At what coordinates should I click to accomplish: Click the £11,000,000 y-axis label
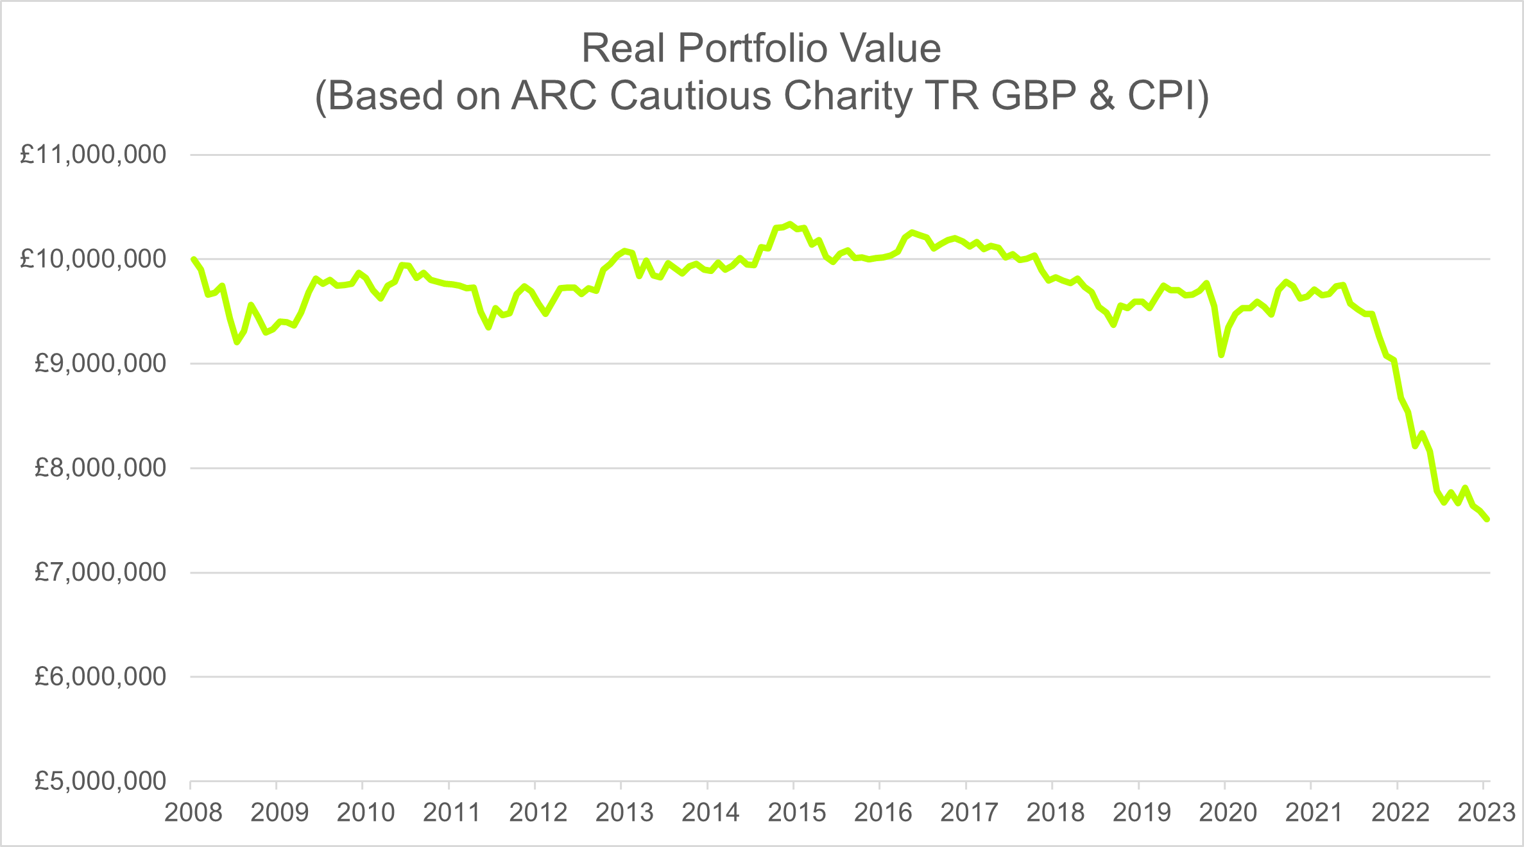tap(93, 155)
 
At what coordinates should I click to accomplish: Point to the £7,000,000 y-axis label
tap(100, 572)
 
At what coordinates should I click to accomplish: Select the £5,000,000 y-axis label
tap(100, 781)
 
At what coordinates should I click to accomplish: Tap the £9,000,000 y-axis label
tap(100, 363)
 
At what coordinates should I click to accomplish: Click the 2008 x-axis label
tap(193, 812)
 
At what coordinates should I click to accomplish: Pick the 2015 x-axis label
tap(797, 812)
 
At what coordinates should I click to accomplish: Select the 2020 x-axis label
tap(1228, 812)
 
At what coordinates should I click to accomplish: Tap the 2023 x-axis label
tap(1486, 812)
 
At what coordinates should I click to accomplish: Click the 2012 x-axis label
tap(538, 812)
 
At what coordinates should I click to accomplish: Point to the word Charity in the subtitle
tap(848, 96)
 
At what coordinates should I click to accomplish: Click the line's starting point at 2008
tap(193, 259)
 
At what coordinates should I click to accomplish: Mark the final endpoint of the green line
tap(1487, 519)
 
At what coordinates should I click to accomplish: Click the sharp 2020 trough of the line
tap(1221, 354)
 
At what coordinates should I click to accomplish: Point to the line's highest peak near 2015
tap(790, 224)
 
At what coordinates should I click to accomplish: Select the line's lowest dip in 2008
tap(237, 342)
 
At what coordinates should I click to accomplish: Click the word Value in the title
tap(891, 48)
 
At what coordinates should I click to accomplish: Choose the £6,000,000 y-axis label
tap(100, 676)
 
